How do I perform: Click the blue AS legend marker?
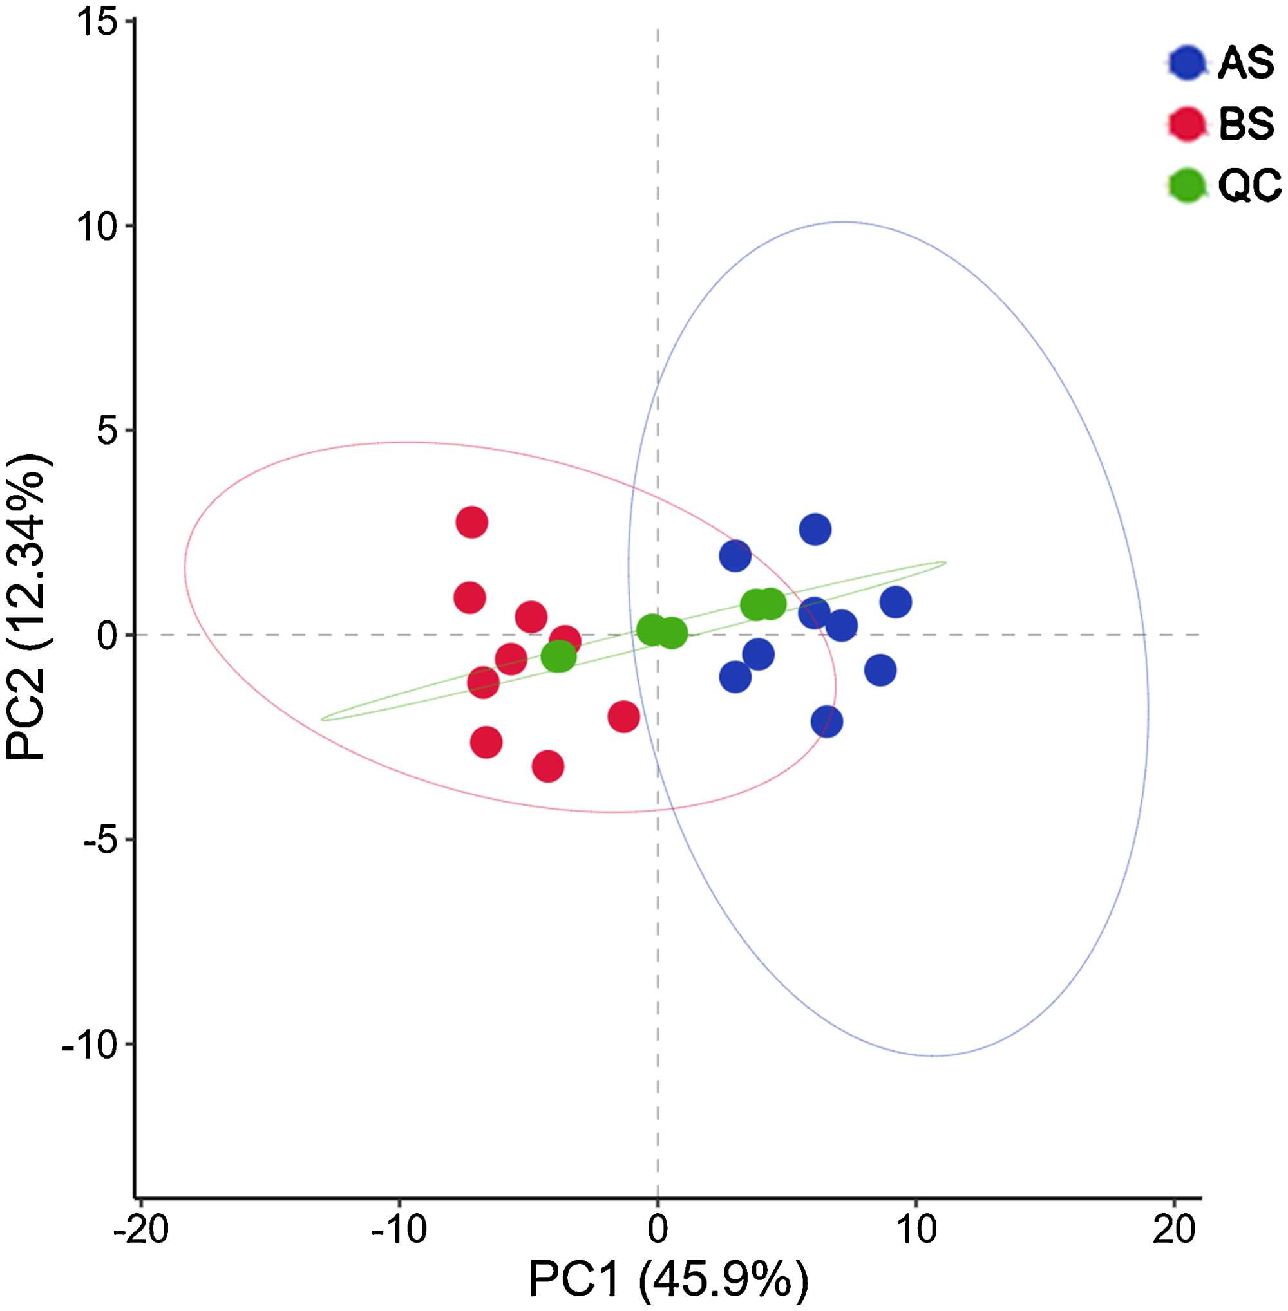[x=1187, y=64]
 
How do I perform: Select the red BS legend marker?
[x=1187, y=124]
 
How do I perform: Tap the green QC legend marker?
[x=1187, y=185]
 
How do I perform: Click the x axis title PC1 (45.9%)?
[x=668, y=1279]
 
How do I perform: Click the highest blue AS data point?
[x=815, y=529]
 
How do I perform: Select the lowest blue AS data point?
[x=827, y=722]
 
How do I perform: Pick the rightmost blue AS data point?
[x=896, y=602]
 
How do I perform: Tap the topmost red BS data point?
[x=471, y=522]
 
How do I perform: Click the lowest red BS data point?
[x=548, y=767]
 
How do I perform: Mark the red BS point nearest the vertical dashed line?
[x=623, y=717]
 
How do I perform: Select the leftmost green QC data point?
[x=558, y=656]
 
